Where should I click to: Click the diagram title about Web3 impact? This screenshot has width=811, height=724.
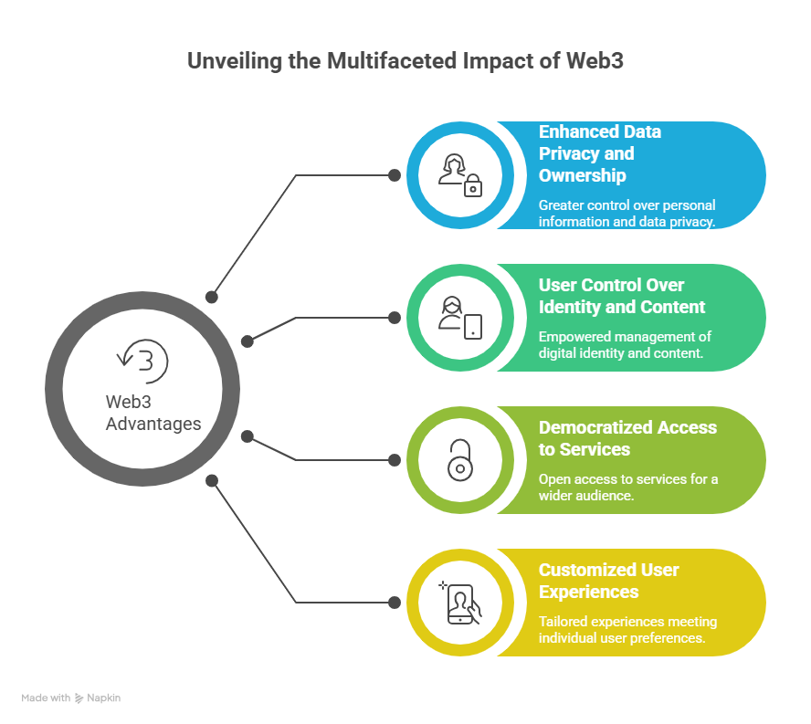(x=405, y=62)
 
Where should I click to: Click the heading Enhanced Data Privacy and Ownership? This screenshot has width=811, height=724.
(x=600, y=153)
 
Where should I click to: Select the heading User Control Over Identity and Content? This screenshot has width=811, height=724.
(x=622, y=296)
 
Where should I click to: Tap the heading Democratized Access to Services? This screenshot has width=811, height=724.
(x=627, y=438)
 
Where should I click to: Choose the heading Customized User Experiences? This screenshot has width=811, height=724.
(x=608, y=581)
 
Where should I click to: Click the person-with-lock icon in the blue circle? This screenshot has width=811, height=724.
(x=459, y=175)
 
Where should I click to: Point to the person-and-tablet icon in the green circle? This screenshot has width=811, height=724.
(x=459, y=318)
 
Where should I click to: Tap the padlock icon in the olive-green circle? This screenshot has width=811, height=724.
(x=459, y=460)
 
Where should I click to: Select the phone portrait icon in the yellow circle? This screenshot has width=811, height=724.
(x=459, y=603)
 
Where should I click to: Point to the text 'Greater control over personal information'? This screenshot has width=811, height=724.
(x=627, y=213)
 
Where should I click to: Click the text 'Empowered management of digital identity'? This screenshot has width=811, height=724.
(x=625, y=344)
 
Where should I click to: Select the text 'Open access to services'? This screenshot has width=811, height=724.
(x=627, y=487)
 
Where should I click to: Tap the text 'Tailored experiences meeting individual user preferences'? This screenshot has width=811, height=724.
(x=627, y=629)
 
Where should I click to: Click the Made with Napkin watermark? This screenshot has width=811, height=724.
(x=71, y=698)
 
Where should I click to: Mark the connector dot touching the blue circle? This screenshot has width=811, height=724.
(x=395, y=175)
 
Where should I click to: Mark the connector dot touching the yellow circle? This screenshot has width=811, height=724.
(x=395, y=603)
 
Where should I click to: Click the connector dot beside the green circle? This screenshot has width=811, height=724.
(x=395, y=318)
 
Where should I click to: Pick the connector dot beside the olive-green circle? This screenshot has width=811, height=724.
(x=395, y=460)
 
